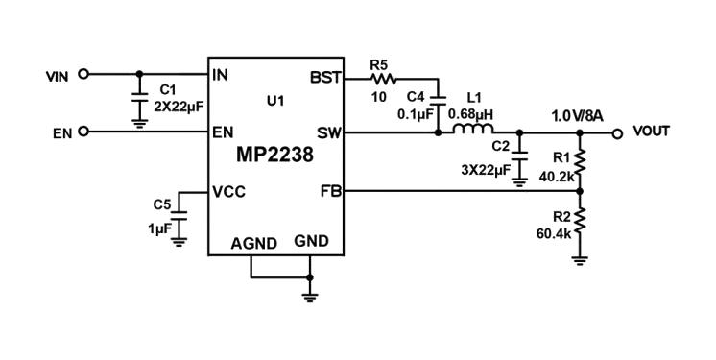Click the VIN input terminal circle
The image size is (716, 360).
pos(84,73)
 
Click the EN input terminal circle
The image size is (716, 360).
pos(84,132)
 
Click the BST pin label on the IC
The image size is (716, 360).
pos(325,77)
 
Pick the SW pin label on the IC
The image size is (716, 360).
pos(327,132)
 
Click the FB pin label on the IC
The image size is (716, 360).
pos(329,190)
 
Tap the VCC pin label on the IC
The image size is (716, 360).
pos(230,191)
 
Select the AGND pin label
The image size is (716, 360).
pos(254,243)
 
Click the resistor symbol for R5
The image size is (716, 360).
pos(381,78)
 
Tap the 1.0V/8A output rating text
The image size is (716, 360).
pos(576,115)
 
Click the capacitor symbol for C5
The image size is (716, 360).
pos(178,219)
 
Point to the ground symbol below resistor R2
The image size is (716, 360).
pos(580,257)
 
